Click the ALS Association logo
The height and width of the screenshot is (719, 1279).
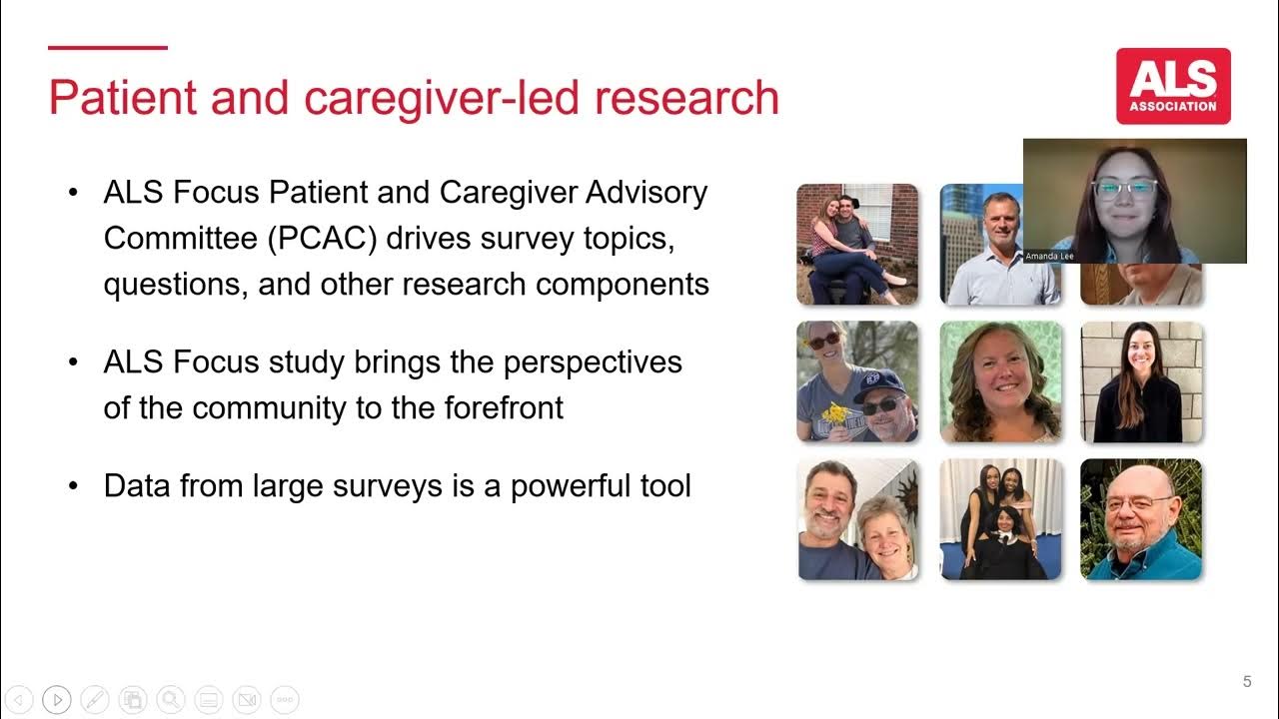tap(1173, 86)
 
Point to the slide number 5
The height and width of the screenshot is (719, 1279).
tap(1246, 682)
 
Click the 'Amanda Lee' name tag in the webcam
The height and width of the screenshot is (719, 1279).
tap(1048, 257)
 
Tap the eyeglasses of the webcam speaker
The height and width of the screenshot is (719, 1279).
tap(1124, 188)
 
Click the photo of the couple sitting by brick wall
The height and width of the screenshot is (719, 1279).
tap(856, 244)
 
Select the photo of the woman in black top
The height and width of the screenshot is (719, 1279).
tap(1141, 381)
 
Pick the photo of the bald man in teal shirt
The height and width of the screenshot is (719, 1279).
tap(1141, 519)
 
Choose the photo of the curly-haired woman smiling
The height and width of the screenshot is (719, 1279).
tap(1000, 381)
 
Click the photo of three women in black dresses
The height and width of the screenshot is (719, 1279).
tap(1000, 519)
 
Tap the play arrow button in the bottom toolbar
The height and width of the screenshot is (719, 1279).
tap(57, 700)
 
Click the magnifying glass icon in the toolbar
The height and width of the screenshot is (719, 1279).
tap(170, 700)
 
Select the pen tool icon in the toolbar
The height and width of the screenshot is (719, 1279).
tap(95, 700)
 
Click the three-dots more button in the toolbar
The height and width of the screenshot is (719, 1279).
tap(284, 700)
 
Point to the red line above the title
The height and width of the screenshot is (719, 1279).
tap(108, 47)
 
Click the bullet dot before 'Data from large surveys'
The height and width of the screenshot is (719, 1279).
tap(73, 487)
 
